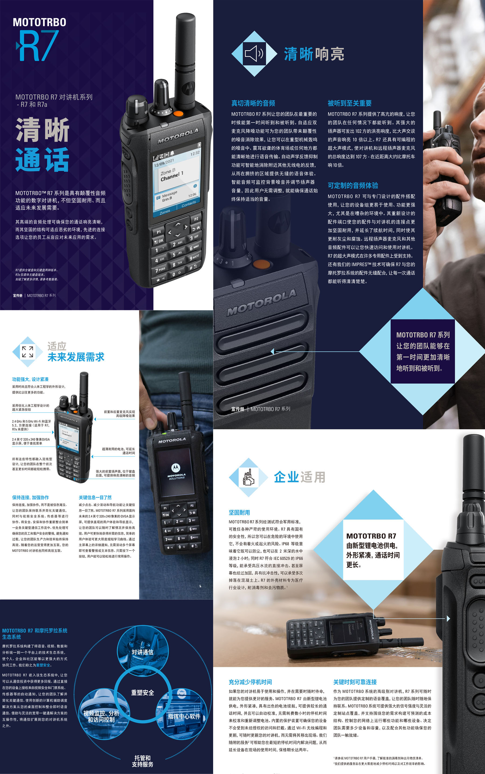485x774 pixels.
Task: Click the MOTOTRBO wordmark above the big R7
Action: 39,22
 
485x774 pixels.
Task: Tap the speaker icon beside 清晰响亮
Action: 254,54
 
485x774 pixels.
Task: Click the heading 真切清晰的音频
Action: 253,103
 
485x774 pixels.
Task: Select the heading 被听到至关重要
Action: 350,103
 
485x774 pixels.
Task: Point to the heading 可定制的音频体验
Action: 353,185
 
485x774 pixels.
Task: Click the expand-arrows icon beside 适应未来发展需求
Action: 27,352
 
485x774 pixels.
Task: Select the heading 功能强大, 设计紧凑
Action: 30,379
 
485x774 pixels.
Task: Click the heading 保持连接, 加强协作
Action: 30,497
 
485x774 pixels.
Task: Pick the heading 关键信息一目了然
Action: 95,497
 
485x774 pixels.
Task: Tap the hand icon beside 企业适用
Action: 248,477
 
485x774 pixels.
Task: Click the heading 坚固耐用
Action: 239,513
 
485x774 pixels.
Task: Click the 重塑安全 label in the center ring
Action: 143,693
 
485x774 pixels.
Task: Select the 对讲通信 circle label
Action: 143,652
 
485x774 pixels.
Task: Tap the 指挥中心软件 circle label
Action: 184,716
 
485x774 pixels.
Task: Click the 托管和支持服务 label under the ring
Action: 143,761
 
